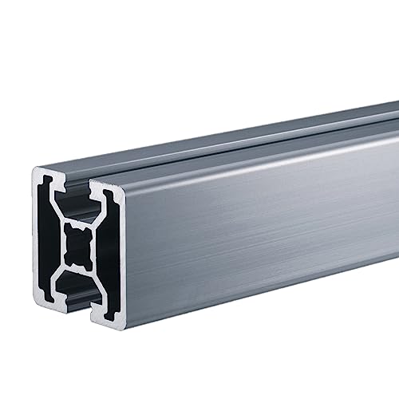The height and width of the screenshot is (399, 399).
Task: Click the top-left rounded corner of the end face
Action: click(37, 172)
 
